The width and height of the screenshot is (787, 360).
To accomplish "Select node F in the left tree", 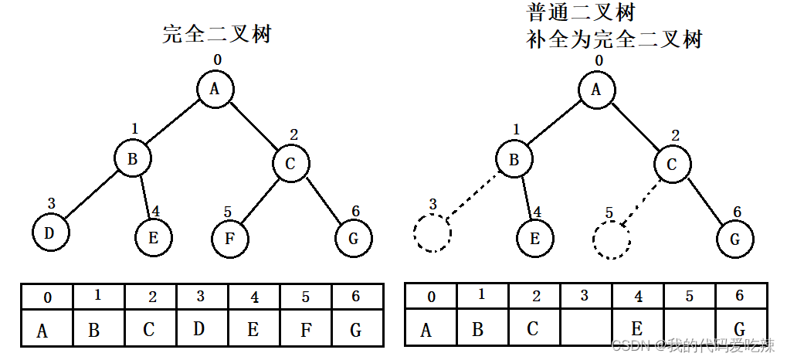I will pos(229,238).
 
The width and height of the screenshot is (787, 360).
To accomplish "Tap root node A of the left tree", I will pos(215,89).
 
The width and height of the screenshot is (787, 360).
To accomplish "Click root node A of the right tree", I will pos(596,89).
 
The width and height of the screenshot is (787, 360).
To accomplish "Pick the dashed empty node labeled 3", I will pos(432,233).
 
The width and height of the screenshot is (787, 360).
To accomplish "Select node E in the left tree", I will pos(153,238).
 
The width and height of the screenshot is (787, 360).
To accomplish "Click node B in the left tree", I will pos(133,160).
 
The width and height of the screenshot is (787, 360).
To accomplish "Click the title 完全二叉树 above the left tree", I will pos(217,34).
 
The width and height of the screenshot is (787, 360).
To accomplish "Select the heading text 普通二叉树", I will pos(582,13).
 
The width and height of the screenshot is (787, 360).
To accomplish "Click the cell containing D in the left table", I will pos(199,328).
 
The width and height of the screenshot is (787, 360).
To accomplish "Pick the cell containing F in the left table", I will pos(305,329).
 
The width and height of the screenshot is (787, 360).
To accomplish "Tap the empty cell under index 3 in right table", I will pos(585,329).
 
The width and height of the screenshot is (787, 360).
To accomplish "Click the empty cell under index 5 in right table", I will pos(690,329).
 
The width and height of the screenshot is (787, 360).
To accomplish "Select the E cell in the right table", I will pos(637,329).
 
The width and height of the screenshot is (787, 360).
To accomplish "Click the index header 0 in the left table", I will pos(47,297).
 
